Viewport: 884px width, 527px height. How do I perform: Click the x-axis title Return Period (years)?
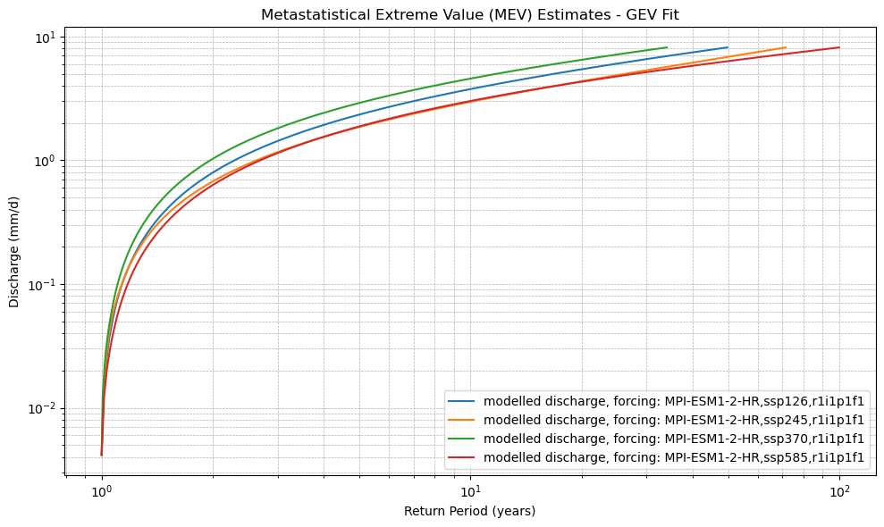[x=470, y=511]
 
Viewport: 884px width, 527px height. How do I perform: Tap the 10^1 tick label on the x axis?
[x=470, y=491]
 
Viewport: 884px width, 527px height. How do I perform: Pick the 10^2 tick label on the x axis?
[x=839, y=491]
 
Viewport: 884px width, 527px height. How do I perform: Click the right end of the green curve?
[x=667, y=47]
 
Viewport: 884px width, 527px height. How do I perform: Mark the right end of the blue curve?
[x=728, y=47]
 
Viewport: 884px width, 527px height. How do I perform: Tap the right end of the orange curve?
[x=785, y=47]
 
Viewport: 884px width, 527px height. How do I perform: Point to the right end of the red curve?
[x=839, y=47]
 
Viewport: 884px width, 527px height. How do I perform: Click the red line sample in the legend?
[x=463, y=457]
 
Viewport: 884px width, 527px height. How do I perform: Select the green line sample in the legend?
[x=463, y=439]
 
